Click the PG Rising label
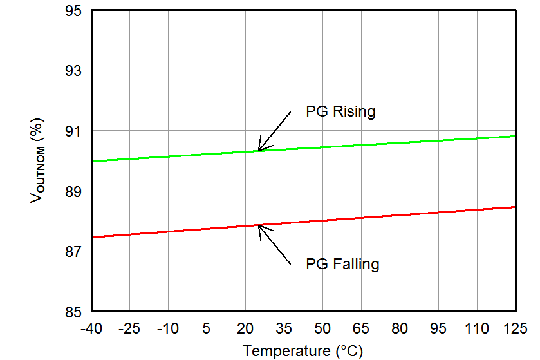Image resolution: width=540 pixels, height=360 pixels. click(x=340, y=111)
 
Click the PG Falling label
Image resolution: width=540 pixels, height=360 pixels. click(x=342, y=264)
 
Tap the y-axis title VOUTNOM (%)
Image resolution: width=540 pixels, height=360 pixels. click(x=37, y=160)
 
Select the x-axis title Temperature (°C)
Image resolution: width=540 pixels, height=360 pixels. click(x=303, y=351)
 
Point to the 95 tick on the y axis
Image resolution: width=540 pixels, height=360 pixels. click(x=73, y=11)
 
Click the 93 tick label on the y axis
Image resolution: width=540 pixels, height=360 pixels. click(x=73, y=70)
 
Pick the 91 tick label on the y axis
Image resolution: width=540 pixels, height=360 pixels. click(x=73, y=131)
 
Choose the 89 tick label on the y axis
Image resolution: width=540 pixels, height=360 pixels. click(x=73, y=191)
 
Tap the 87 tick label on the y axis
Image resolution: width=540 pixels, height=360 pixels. click(x=73, y=251)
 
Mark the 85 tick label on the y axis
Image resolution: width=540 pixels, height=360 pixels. click(x=73, y=312)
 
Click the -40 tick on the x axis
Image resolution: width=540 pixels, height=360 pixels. click(x=91, y=328)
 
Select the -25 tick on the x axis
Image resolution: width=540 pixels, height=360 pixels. click(x=129, y=328)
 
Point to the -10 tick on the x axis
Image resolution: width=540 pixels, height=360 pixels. click(x=168, y=328)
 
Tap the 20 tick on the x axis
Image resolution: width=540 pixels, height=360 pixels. click(x=245, y=328)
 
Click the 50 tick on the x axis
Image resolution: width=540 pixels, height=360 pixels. click(x=322, y=328)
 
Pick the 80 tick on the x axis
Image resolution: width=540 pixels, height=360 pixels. click(x=400, y=328)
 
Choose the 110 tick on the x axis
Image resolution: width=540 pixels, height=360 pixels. click(x=477, y=328)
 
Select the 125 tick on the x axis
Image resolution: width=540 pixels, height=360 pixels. click(x=516, y=328)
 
